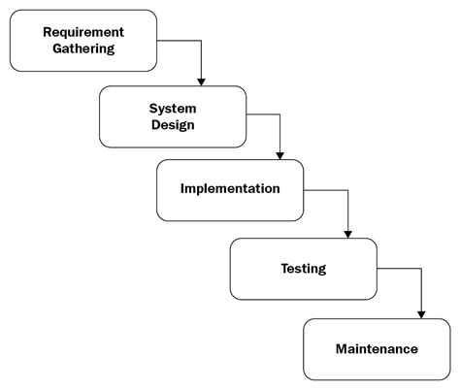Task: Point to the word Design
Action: [x=173, y=124]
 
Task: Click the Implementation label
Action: [x=231, y=187]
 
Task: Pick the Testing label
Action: [x=303, y=268]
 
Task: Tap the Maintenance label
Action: [x=377, y=348]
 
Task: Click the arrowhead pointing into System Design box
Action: [x=201, y=81]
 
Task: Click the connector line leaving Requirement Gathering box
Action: [x=181, y=41]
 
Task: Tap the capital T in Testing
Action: [x=284, y=268]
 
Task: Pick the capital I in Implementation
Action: [x=183, y=187]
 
